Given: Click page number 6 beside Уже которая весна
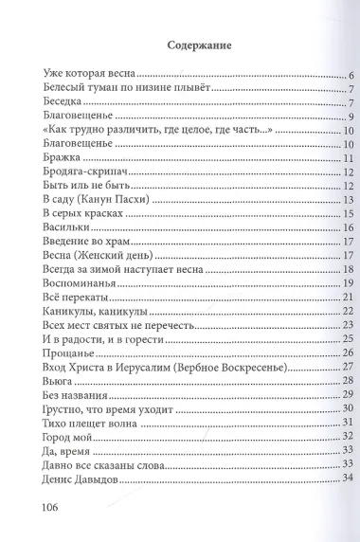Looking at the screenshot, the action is pos(325,74).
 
